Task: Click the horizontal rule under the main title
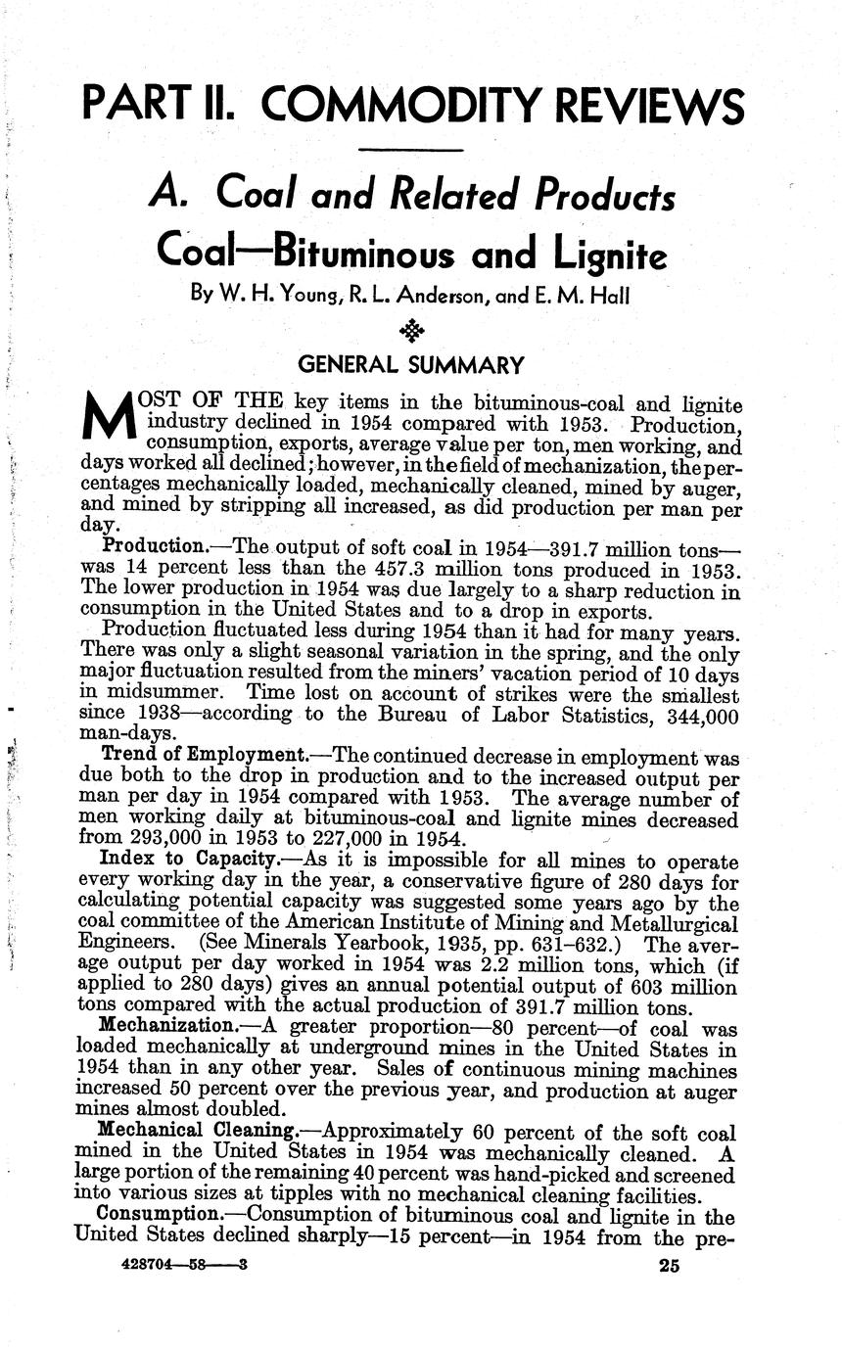pyautogui.click(x=412, y=151)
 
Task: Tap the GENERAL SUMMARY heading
pyautogui.click(x=411, y=365)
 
